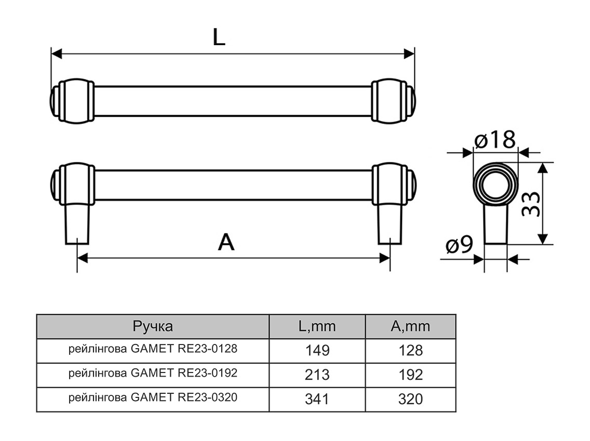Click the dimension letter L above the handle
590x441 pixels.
click(219, 37)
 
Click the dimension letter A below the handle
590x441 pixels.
click(226, 242)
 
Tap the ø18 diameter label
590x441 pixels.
click(494, 140)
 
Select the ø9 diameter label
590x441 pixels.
click(459, 245)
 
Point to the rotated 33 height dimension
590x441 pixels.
click(529, 203)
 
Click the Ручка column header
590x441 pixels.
click(153, 326)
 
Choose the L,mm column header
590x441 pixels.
click(317, 326)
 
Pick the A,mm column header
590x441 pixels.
click(410, 326)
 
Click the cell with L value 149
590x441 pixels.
click(317, 350)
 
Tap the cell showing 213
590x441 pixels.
click(317, 375)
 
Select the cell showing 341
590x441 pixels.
click(317, 399)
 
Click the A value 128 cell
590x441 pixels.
click(411, 350)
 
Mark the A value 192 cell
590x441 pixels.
click(411, 375)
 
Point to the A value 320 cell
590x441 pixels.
click(411, 399)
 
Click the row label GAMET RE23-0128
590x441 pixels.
click(153, 349)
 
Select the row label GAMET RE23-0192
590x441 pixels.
click(153, 373)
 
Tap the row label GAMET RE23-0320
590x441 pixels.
click(153, 398)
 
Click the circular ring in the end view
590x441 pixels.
click(495, 184)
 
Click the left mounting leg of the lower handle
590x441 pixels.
click(77, 223)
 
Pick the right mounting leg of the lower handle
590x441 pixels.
click(390, 223)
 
